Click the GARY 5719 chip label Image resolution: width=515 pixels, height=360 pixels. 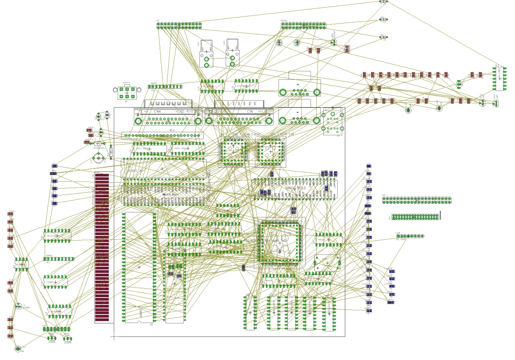click(295, 188)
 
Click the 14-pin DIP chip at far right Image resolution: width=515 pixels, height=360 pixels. click(499, 79)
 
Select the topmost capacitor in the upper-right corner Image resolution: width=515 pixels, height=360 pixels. click(383, 2)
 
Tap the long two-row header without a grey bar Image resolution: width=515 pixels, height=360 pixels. click(417, 200)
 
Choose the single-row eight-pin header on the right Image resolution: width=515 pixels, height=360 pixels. click(410, 236)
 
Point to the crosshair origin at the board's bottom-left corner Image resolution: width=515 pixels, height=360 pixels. click(114, 336)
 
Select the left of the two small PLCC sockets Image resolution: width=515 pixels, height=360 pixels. click(233, 151)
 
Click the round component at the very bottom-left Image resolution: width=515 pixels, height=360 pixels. click(18, 349)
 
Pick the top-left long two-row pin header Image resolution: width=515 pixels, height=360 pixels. click(179, 25)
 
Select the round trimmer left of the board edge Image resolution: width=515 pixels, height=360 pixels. click(99, 158)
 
